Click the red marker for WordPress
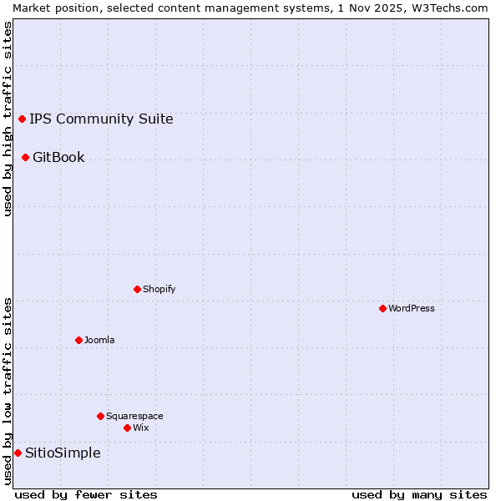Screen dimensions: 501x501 point(382,308)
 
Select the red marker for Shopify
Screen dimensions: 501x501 point(137,289)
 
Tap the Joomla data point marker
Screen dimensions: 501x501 point(78,340)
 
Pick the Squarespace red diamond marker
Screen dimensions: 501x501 point(100,416)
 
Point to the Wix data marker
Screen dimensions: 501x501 point(127,428)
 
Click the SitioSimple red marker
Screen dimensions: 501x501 point(18,453)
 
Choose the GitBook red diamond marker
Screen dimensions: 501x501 point(25,157)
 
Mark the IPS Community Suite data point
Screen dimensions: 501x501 point(22,119)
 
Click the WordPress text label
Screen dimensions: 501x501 point(412,308)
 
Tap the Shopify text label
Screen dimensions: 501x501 point(159,289)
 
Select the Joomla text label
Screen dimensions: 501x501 point(99,340)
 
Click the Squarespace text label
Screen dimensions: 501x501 point(134,416)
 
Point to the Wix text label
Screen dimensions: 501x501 point(141,428)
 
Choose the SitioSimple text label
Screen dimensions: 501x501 point(63,453)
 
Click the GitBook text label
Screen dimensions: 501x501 point(58,157)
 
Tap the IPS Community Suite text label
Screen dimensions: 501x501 point(101,119)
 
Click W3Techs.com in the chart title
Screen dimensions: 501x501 point(454,8)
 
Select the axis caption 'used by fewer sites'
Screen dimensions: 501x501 point(86,494)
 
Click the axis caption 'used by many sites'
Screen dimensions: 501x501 point(419,494)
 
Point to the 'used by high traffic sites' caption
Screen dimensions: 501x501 point(8,119)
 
